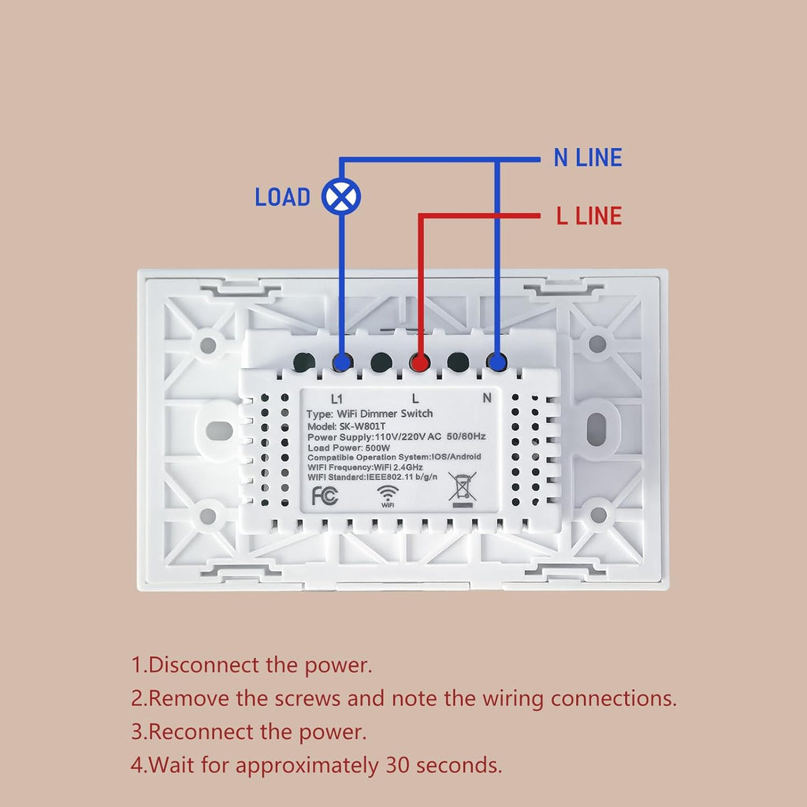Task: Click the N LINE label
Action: coord(588,158)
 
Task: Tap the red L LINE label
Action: coord(589,216)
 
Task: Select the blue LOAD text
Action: coord(283,197)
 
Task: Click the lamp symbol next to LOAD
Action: coord(341,196)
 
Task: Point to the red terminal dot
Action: coord(420,363)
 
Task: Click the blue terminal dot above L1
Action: coord(342,363)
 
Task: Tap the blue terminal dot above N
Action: coord(496,363)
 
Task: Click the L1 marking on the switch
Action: coord(337,399)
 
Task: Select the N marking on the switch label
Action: coord(487,398)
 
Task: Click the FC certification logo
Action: coord(325,496)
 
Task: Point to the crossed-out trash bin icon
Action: coord(462,489)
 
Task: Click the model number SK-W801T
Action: coord(362,426)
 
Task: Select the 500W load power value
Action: coord(377,448)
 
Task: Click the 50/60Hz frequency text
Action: coord(466,437)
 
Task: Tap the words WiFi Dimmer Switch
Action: coord(385,414)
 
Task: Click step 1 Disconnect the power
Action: coord(251,665)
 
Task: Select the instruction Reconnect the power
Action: coord(248,732)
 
